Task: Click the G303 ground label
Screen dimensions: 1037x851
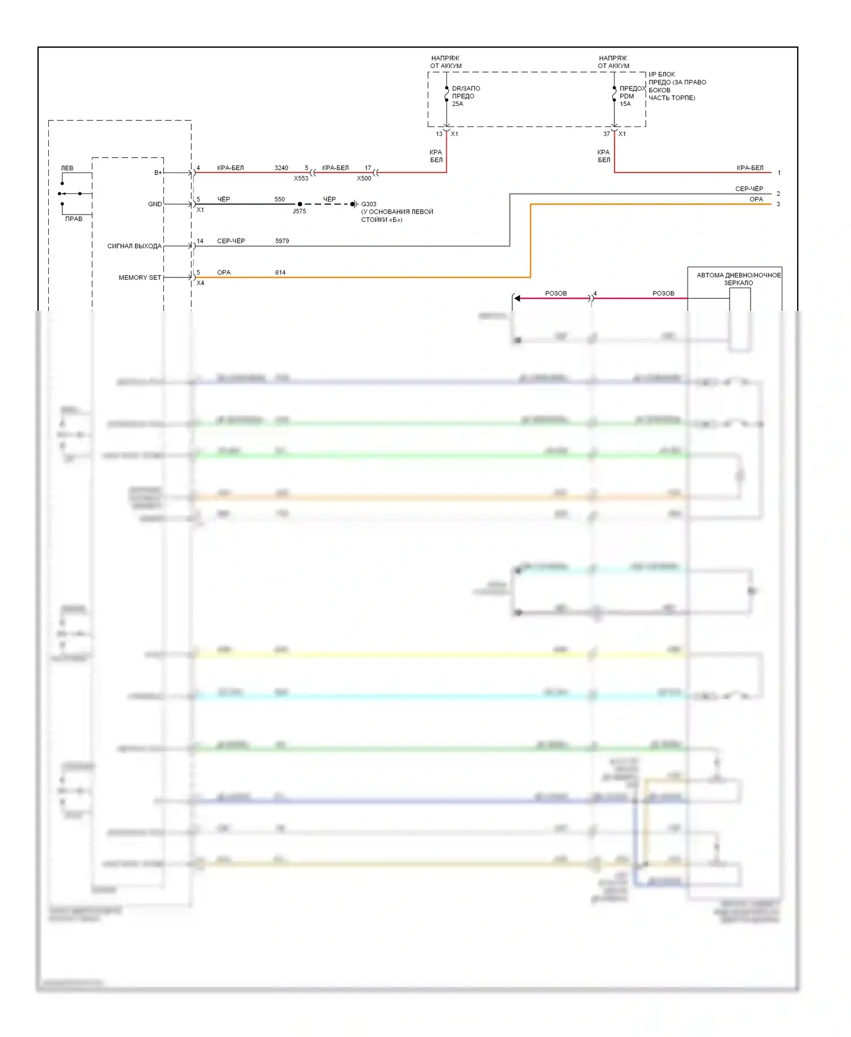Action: (x=369, y=204)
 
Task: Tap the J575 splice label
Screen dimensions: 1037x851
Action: (x=299, y=211)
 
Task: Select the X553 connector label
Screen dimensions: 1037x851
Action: (x=301, y=178)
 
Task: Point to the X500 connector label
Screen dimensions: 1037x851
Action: (x=364, y=178)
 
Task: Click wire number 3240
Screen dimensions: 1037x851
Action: (x=281, y=168)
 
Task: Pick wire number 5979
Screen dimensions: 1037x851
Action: (x=282, y=241)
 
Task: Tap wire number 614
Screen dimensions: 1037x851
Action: (x=280, y=272)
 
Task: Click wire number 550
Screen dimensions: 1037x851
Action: (x=280, y=199)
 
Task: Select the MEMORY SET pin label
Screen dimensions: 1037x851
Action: (x=140, y=277)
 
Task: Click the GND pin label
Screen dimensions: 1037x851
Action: (x=155, y=204)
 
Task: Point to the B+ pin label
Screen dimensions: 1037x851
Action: (x=158, y=172)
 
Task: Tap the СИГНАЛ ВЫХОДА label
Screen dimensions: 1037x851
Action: (x=134, y=246)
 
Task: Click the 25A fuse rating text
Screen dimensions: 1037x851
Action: (x=457, y=104)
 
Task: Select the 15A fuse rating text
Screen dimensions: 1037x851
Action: (x=625, y=104)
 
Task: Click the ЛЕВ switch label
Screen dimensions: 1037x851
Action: (x=67, y=168)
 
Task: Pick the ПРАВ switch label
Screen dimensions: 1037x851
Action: (x=74, y=219)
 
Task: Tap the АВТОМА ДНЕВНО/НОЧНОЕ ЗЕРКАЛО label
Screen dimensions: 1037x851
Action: (x=738, y=279)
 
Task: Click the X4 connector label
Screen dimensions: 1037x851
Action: (x=200, y=283)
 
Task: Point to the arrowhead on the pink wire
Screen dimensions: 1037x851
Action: (x=517, y=298)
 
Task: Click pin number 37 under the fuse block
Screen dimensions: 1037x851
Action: (x=606, y=134)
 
